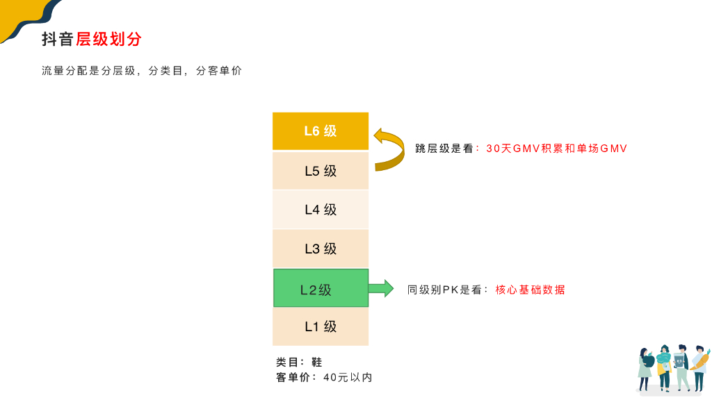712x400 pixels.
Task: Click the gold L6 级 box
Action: tap(321, 131)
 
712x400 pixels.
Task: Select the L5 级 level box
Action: tap(321, 171)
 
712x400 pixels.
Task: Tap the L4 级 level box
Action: tap(321, 210)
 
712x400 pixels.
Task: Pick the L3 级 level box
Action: tap(321, 249)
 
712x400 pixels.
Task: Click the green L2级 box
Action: tap(321, 288)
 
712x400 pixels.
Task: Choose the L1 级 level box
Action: tap(321, 326)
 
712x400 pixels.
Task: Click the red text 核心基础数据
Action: tap(530, 290)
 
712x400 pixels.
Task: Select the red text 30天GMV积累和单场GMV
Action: tap(556, 149)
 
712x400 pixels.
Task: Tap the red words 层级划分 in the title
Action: tap(108, 39)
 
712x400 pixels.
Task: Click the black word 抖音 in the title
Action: tap(58, 39)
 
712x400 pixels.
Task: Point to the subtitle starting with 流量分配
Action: tap(142, 71)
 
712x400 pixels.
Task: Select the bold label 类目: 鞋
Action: tap(300, 362)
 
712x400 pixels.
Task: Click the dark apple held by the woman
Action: tap(649, 361)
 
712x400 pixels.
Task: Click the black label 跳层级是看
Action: tap(444, 149)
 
